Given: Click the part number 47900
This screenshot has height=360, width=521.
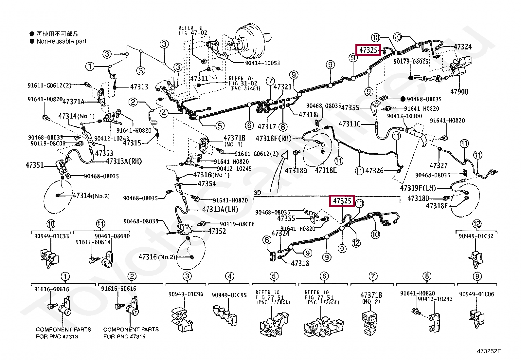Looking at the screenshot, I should [x=459, y=92].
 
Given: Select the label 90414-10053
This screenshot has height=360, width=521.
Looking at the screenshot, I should [x=262, y=63].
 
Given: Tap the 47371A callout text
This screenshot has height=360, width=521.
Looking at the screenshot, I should [x=73, y=102].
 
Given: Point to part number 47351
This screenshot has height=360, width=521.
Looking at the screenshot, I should [x=34, y=165].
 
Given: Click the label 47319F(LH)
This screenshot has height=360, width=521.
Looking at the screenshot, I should [x=418, y=188].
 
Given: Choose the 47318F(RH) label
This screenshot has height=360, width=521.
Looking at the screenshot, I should [x=274, y=138].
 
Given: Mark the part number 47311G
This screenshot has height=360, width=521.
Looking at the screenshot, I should [x=350, y=124].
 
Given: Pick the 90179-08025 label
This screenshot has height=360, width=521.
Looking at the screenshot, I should [x=411, y=62].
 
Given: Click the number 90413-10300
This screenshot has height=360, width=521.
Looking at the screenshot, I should [x=404, y=116].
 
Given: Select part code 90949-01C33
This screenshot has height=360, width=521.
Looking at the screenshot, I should [x=52, y=236].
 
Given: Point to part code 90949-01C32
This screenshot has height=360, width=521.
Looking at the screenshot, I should [x=476, y=236].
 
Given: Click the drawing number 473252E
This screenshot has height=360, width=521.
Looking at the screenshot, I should [x=489, y=351].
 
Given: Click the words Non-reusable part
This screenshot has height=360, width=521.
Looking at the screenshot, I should [x=61, y=41].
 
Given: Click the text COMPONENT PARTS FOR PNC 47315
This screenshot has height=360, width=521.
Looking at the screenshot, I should [x=131, y=333].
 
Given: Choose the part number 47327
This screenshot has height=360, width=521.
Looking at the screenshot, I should [x=439, y=165].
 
